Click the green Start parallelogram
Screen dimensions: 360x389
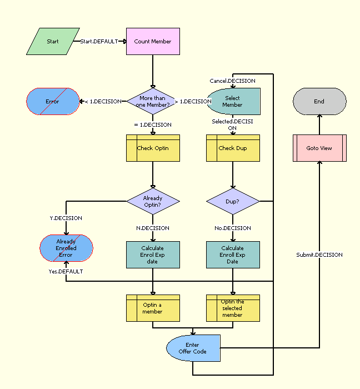point(53,42)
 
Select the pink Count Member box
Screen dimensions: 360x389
point(153,42)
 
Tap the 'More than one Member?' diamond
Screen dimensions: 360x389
point(153,101)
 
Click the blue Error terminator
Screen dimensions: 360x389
point(53,101)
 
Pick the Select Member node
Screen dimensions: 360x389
point(233,101)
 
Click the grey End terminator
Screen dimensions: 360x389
point(319,101)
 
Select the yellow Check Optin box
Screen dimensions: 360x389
point(153,148)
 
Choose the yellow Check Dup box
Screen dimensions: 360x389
point(233,148)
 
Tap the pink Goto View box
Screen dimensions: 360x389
point(319,148)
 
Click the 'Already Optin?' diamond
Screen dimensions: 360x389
point(153,201)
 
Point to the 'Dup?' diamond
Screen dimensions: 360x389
point(233,201)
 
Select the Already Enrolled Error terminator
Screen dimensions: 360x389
point(66,248)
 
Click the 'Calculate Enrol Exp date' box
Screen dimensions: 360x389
point(153,255)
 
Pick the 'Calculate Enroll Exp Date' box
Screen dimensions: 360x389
point(233,255)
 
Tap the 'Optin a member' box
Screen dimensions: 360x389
point(153,308)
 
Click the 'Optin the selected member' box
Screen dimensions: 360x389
point(233,308)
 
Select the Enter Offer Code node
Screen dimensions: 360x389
point(193,348)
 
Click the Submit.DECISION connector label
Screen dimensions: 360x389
point(319,255)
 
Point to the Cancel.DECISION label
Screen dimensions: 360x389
point(233,81)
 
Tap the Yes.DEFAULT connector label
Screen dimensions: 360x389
point(66,271)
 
